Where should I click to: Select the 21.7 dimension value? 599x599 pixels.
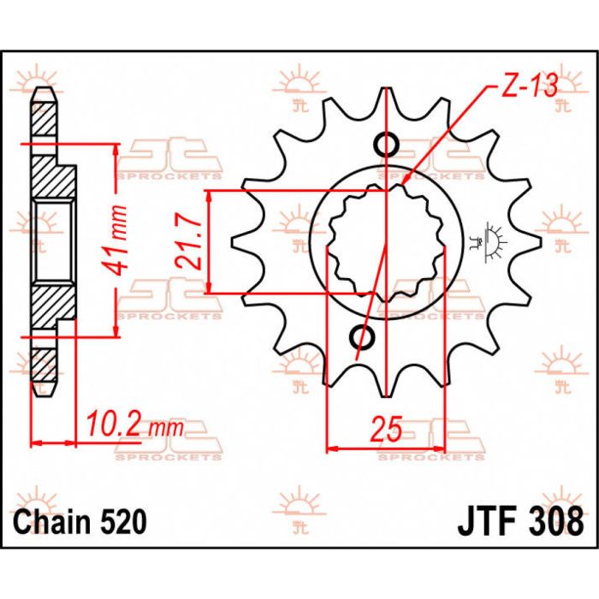click(193, 242)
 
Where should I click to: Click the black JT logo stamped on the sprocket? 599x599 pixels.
click(494, 235)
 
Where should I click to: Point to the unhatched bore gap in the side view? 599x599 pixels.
click(53, 241)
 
